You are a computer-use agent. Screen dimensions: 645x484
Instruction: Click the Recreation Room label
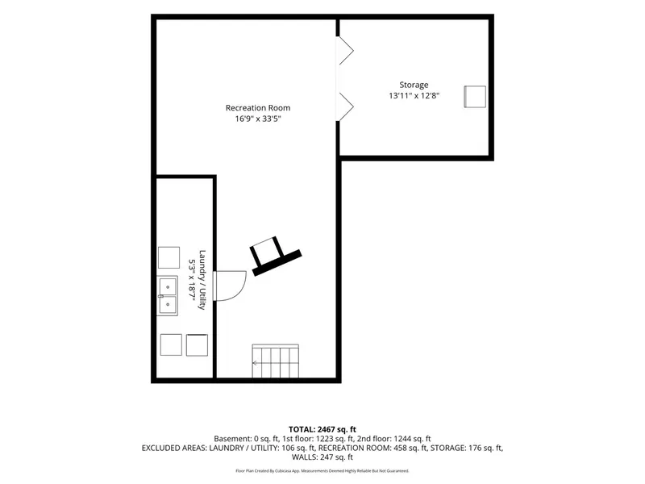pyautogui.click(x=258, y=108)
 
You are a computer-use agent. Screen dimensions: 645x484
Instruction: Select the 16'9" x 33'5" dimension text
pyautogui.click(x=258, y=119)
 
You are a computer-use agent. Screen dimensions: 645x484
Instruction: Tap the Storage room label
pyautogui.click(x=414, y=86)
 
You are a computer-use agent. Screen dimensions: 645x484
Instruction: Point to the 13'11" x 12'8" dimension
pyautogui.click(x=414, y=96)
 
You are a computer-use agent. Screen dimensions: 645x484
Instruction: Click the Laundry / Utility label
pyautogui.click(x=202, y=280)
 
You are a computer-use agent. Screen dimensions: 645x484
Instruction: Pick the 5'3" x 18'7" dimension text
pyautogui.click(x=192, y=280)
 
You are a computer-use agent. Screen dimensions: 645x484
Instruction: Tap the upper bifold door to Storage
pyautogui.click(x=345, y=51)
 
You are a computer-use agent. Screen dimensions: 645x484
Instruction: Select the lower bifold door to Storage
pyautogui.click(x=345, y=106)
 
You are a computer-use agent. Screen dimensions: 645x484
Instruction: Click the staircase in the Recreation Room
pyautogui.click(x=275, y=361)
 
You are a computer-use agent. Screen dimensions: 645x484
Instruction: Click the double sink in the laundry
pyautogui.click(x=168, y=296)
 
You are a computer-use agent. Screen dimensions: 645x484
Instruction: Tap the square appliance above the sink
pyautogui.click(x=169, y=257)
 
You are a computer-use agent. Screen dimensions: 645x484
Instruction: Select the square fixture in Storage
pyautogui.click(x=475, y=97)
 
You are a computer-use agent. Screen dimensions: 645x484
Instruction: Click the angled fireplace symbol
pyautogui.click(x=275, y=256)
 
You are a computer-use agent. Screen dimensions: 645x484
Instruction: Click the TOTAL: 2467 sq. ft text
pyautogui.click(x=322, y=430)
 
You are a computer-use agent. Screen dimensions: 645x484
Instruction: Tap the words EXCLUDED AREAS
pyautogui.click(x=174, y=448)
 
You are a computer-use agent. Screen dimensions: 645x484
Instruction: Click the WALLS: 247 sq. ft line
pyautogui.click(x=322, y=457)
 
